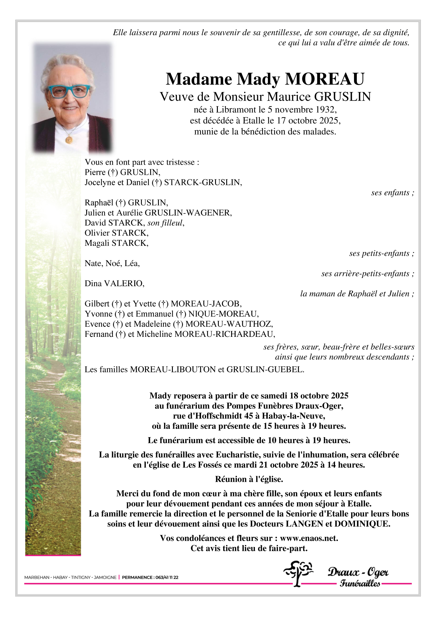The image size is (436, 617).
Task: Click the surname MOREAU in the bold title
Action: tap(325, 79)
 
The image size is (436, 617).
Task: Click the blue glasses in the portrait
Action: tap(69, 91)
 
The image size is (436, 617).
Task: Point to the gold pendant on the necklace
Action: tap(69, 139)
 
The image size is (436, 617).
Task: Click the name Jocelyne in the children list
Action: tap(99, 182)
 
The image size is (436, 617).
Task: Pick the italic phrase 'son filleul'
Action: tap(165, 223)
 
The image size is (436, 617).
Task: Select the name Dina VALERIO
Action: tap(114, 284)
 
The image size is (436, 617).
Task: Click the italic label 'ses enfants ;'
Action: tap(392, 193)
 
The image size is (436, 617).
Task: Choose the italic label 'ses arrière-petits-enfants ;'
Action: tap(367, 274)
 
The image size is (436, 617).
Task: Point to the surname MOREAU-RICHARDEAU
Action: tap(224, 334)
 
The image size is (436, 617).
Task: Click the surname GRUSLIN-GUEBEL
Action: tap(265, 369)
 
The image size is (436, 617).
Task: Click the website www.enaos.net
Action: tap(309, 538)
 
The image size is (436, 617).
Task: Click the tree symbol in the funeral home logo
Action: tap(298, 573)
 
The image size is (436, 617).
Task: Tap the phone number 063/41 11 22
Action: tap(167, 577)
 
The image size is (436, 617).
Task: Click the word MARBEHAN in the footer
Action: tap(37, 577)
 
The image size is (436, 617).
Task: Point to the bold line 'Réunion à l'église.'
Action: tap(249, 479)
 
